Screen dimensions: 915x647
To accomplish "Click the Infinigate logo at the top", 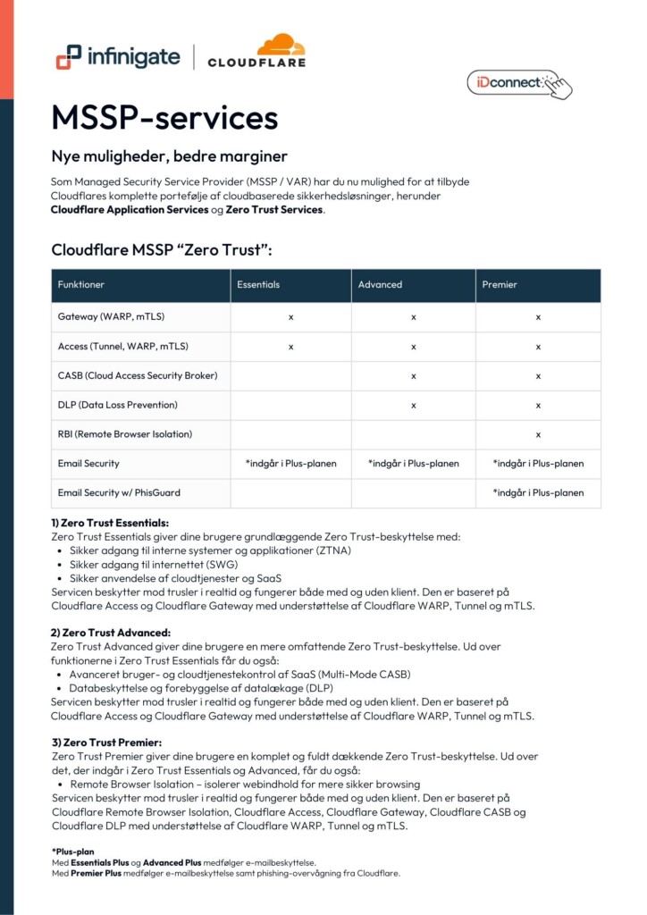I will click(x=117, y=58).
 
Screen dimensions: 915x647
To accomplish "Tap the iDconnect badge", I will click(x=517, y=83).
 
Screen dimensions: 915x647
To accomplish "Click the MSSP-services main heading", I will click(x=164, y=118).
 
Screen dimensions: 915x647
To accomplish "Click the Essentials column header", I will click(x=258, y=285).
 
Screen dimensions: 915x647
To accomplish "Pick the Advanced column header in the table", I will click(x=380, y=285).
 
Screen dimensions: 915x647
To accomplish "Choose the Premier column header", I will click(x=500, y=285).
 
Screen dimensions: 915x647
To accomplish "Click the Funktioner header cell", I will click(x=81, y=285).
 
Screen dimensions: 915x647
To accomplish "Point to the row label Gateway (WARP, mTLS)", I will click(x=111, y=316).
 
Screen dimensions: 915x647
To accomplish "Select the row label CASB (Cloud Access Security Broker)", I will click(x=138, y=375).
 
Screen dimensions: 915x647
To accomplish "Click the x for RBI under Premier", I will click(x=538, y=434).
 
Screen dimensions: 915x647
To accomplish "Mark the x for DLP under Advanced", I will click(x=414, y=405).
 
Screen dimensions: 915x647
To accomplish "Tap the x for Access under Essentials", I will click(x=290, y=346).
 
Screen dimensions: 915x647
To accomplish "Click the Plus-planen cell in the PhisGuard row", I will click(x=538, y=492).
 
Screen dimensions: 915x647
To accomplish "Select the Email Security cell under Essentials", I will click(x=290, y=464).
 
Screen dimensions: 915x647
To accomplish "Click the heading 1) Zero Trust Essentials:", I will click(x=110, y=523).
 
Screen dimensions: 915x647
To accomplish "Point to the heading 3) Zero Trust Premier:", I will click(x=106, y=743).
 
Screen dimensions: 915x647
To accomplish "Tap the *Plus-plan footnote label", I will click(x=72, y=852).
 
